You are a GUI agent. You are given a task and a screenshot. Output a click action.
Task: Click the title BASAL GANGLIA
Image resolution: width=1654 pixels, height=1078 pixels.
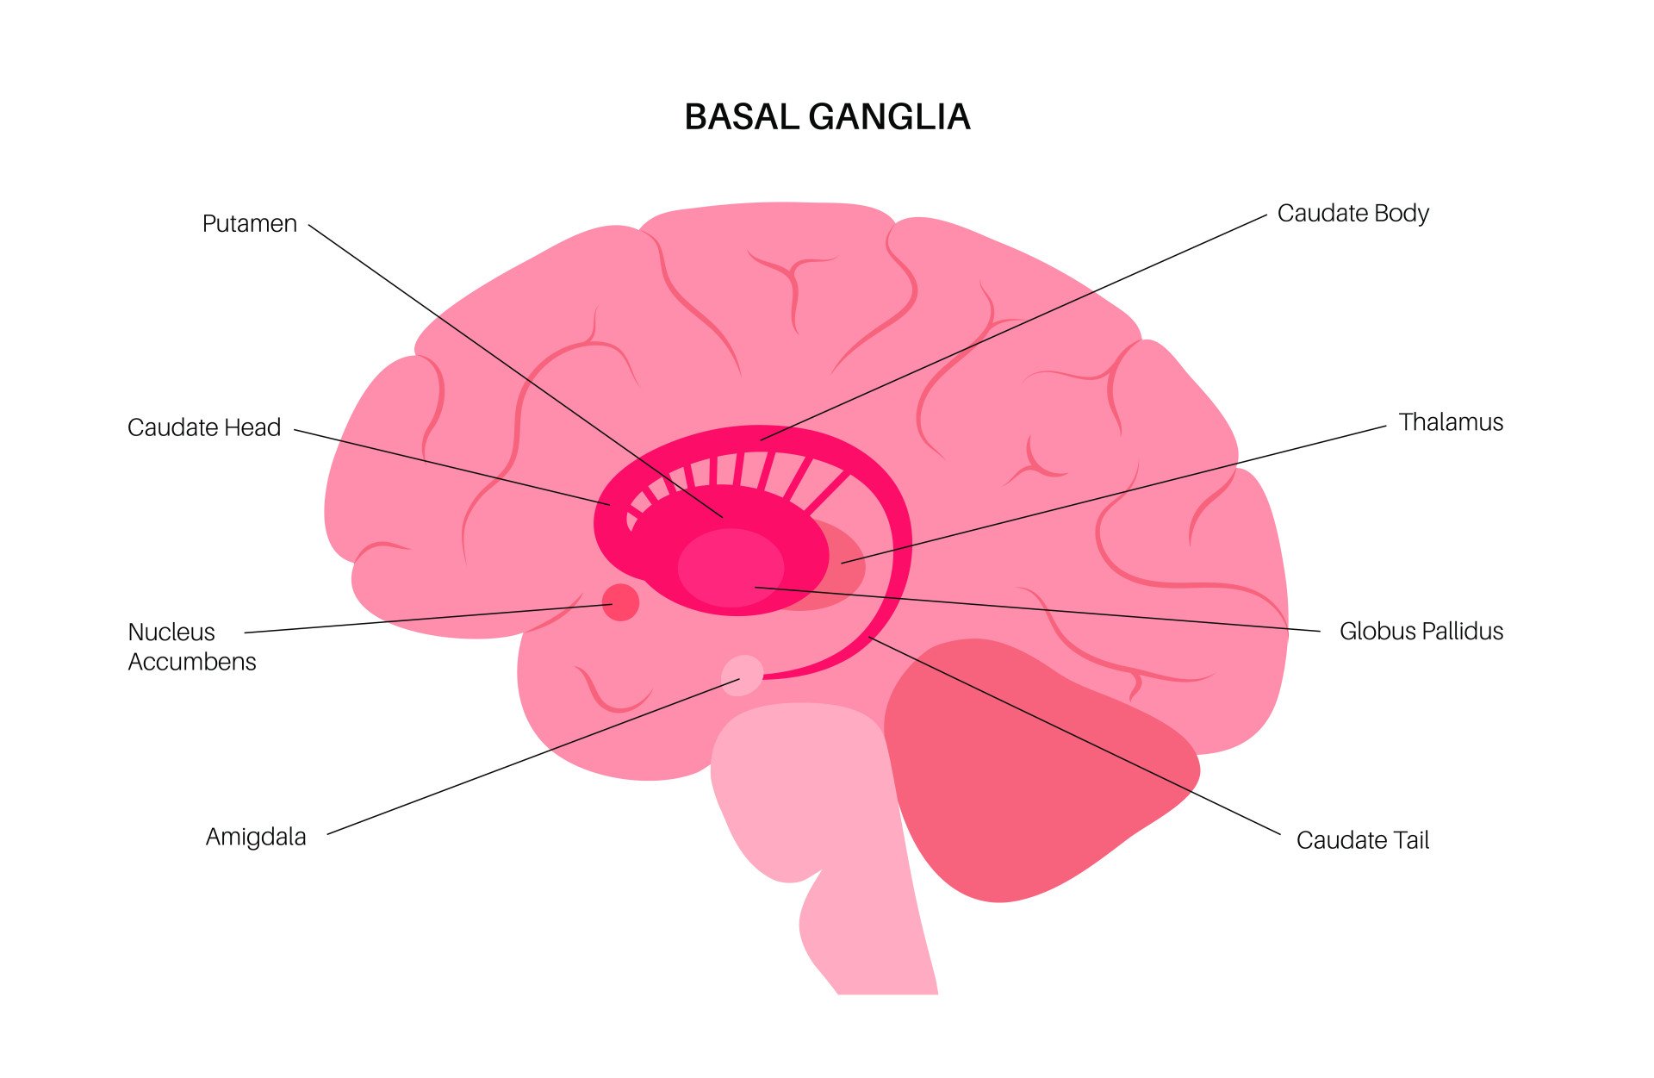pyautogui.click(x=827, y=117)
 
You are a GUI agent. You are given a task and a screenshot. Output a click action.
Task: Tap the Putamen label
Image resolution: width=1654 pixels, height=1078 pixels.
pyautogui.click(x=249, y=224)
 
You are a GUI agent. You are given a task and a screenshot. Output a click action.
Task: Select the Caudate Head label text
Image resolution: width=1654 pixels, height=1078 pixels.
pyautogui.click(x=204, y=427)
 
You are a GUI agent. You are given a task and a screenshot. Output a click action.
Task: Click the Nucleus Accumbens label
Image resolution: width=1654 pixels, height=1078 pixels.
pyautogui.click(x=192, y=646)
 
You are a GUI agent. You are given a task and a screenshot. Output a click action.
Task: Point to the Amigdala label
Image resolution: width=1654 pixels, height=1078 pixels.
pyautogui.click(x=256, y=837)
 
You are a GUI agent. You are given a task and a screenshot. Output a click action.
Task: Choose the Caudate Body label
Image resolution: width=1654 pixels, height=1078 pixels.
pyautogui.click(x=1352, y=213)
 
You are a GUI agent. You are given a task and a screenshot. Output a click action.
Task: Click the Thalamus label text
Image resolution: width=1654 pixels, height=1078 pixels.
pyautogui.click(x=1451, y=422)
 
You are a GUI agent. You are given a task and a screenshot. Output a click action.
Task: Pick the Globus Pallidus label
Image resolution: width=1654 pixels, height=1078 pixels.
pyautogui.click(x=1421, y=631)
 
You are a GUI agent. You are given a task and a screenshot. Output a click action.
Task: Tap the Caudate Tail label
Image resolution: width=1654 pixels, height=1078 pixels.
pyautogui.click(x=1362, y=840)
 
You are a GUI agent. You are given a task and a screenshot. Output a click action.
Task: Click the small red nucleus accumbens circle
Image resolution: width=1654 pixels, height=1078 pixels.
pyautogui.click(x=620, y=601)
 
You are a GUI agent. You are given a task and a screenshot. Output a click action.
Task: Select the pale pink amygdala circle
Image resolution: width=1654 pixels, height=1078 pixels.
pyautogui.click(x=742, y=675)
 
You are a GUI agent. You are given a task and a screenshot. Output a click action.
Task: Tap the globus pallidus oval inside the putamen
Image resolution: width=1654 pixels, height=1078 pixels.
pyautogui.click(x=731, y=568)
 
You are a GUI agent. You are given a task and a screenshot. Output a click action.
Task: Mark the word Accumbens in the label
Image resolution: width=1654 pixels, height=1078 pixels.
pyautogui.click(x=192, y=662)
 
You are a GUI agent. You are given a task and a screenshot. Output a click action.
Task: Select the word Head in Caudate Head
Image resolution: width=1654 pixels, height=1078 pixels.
pyautogui.click(x=252, y=427)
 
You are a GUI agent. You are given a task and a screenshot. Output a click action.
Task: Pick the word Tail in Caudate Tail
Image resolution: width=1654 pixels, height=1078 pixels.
pyautogui.click(x=1406, y=840)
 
